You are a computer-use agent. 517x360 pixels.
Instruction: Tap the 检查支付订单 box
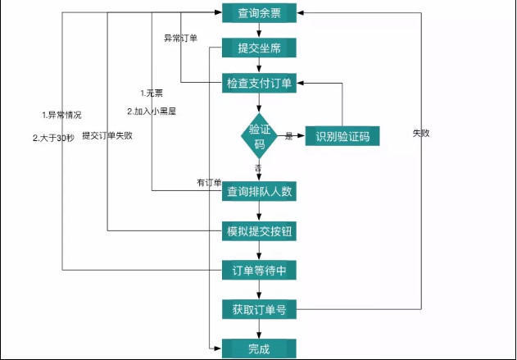point(260,84)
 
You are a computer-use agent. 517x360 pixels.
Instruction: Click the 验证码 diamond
point(260,135)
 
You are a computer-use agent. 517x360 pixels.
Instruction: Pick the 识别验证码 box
point(342,136)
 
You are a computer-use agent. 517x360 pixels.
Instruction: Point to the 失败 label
point(421,133)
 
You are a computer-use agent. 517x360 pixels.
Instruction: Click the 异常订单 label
point(180,38)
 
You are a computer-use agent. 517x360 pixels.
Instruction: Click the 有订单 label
point(209,182)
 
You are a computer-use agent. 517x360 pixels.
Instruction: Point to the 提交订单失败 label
point(107,136)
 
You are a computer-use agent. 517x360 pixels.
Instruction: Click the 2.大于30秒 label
point(53,137)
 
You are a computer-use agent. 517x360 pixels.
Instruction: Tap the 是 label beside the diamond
point(288,136)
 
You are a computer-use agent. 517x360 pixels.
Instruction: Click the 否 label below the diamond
point(258,167)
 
